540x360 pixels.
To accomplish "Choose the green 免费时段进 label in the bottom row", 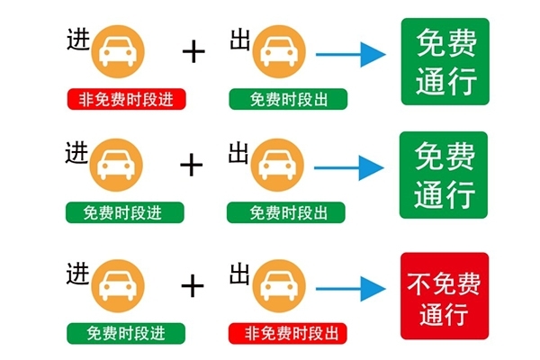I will (125, 333).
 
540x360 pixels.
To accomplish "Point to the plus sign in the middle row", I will (192, 164).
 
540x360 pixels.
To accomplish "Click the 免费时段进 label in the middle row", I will (125, 212).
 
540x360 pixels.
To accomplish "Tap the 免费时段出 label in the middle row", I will (287, 212).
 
